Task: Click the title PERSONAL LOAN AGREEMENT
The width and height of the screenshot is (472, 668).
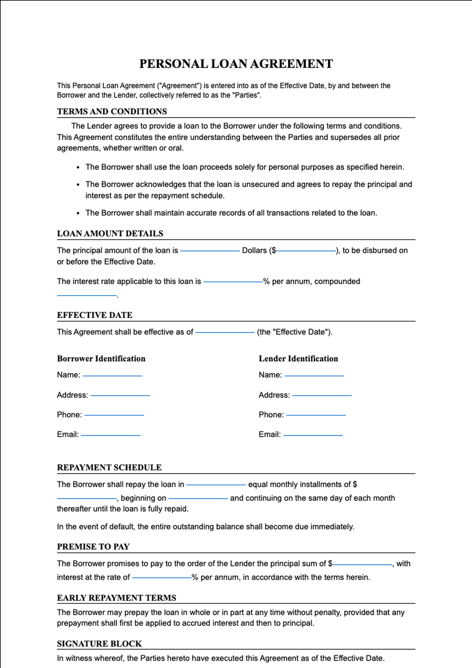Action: [236, 64]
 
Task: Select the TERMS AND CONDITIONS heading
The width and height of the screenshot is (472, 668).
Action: [112, 111]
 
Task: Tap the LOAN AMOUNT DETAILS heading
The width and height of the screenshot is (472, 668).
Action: [110, 233]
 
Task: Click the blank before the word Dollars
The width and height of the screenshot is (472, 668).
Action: [210, 250]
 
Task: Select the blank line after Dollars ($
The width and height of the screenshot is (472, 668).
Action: [306, 250]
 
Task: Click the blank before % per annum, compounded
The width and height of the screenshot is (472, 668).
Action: [233, 281]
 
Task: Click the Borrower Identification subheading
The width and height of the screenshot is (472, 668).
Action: [101, 359]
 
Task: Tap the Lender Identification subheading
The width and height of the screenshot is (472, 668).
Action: [298, 359]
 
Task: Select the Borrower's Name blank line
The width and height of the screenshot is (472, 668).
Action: [112, 375]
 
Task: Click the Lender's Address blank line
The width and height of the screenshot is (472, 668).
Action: [322, 395]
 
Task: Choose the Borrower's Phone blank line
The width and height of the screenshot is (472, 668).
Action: [114, 414]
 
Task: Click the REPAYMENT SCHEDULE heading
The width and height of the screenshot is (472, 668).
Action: [109, 467]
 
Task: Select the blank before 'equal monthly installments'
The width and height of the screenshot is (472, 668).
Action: [216, 484]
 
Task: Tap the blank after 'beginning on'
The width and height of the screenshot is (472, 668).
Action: [198, 498]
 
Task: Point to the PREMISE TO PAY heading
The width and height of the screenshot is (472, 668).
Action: [93, 546]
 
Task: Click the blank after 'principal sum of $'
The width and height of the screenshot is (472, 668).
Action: [362, 564]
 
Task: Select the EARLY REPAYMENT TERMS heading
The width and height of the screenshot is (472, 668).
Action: [116, 598]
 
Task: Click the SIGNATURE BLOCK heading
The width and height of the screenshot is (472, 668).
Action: [100, 644]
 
